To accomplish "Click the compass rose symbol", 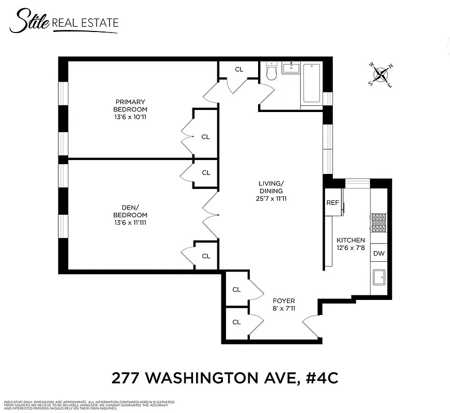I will click(381, 75).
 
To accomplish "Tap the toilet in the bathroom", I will click(272, 72).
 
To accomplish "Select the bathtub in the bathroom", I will click(312, 83).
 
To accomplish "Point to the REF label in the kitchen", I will click(332, 202).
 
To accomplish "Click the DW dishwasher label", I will click(378, 253).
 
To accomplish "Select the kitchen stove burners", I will click(378, 224).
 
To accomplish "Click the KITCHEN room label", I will click(350, 240).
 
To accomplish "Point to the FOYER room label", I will click(284, 301).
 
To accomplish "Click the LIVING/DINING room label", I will click(271, 187).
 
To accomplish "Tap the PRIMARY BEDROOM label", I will click(130, 105).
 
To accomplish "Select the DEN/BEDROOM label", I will click(130, 211).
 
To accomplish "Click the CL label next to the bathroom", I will click(239, 69).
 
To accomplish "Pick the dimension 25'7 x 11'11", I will click(271, 198).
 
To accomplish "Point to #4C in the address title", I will click(321, 378).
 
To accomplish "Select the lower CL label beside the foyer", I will click(236, 322).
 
